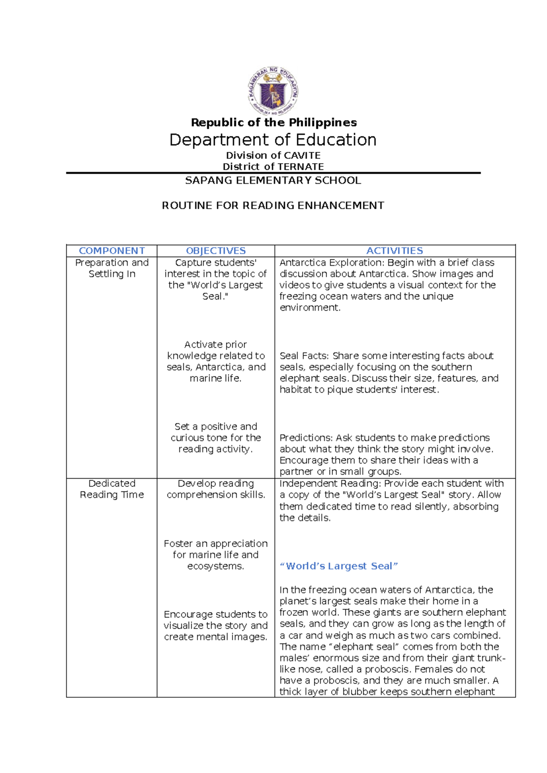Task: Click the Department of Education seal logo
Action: point(273,91)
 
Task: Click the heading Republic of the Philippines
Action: point(273,123)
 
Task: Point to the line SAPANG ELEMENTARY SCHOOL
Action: point(273,180)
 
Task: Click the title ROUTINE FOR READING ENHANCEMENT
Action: point(273,206)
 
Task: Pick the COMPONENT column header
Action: point(112,251)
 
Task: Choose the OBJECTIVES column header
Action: point(216,251)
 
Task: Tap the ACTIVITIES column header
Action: point(395,251)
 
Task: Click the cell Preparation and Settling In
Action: point(112,268)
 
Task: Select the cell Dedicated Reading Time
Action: point(112,489)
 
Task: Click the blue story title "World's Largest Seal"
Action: point(339,566)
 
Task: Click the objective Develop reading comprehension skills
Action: point(216,489)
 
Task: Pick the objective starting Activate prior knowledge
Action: point(216,361)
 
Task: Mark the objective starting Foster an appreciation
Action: point(216,555)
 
